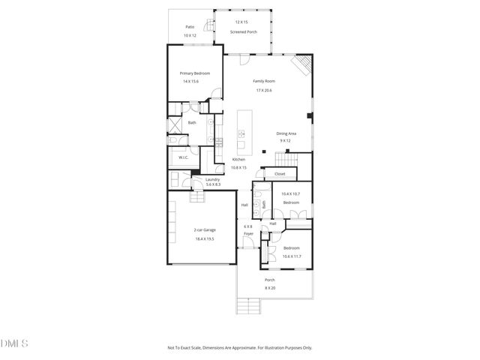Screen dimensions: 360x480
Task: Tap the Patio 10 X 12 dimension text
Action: (x=190, y=36)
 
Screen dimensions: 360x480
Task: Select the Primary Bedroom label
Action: (x=194, y=73)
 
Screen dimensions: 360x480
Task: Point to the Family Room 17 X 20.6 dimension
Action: (x=264, y=90)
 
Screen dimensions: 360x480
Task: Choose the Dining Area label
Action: (x=286, y=133)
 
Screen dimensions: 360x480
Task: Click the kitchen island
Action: (x=242, y=130)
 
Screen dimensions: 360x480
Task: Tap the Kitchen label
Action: (x=238, y=159)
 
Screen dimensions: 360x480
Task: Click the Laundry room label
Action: (x=212, y=179)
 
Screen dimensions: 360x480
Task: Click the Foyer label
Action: (x=247, y=233)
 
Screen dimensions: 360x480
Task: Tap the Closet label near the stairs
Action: (x=280, y=173)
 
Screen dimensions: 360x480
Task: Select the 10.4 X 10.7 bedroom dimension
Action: (x=291, y=193)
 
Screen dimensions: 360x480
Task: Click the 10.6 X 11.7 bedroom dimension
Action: (x=291, y=256)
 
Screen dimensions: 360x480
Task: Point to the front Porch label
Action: (x=269, y=280)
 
